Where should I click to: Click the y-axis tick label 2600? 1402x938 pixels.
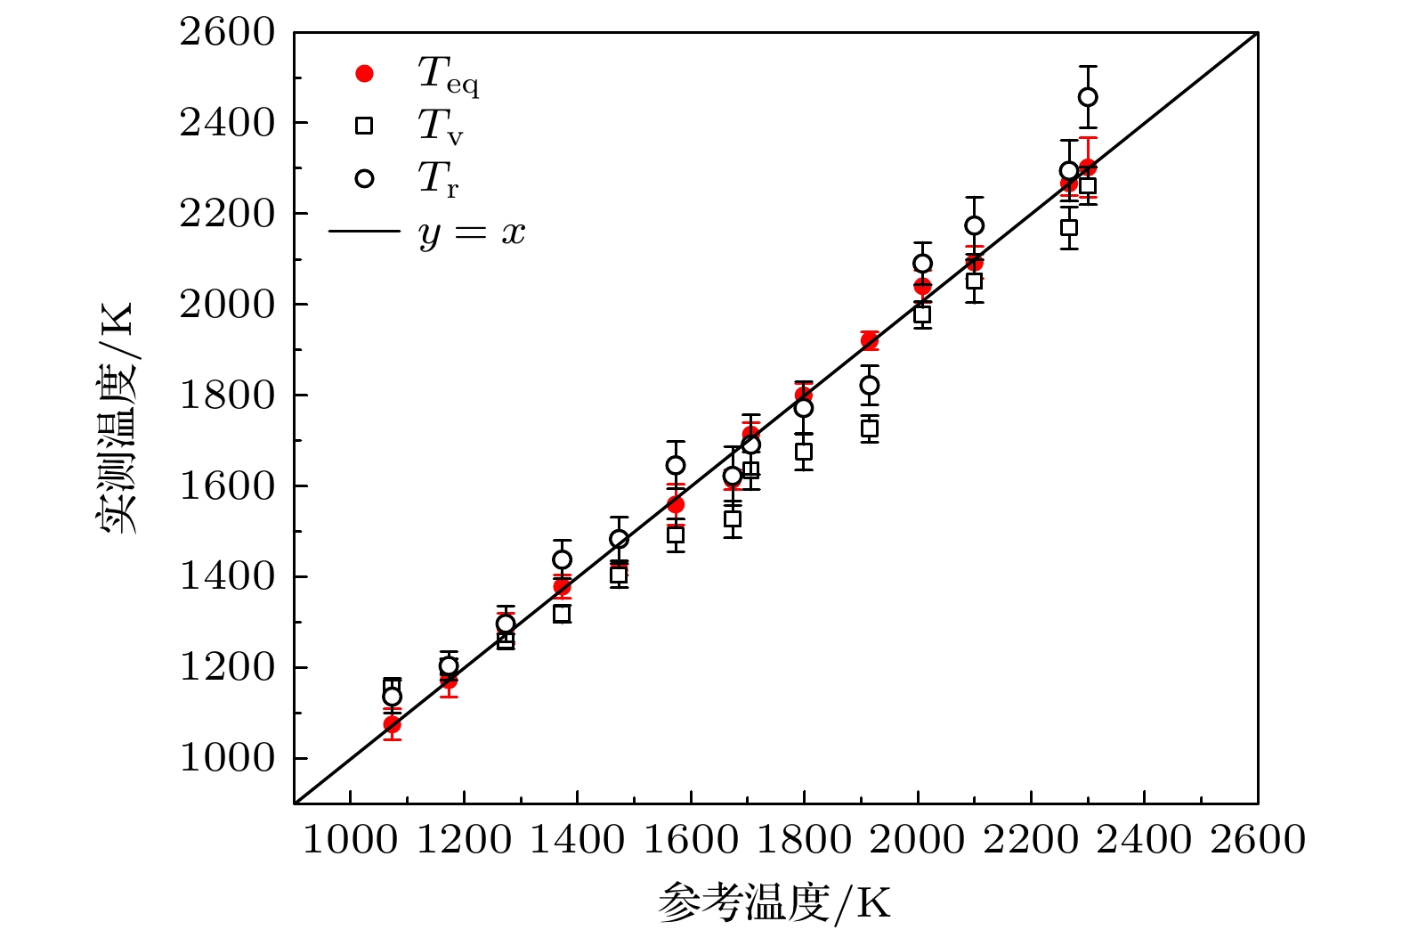pos(228,33)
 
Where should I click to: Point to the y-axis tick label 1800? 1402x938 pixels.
pos(228,396)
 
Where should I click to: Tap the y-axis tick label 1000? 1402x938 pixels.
pos(228,758)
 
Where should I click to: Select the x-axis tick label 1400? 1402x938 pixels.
pos(577,840)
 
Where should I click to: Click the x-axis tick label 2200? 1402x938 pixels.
pos(1031,840)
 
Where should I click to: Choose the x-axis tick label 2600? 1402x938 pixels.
pos(1257,840)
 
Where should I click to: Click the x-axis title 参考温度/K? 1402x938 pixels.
pos(774,903)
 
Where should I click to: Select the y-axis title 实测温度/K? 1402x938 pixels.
pos(117,417)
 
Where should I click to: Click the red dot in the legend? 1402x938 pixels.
pos(364,73)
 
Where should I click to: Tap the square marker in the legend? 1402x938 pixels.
pos(364,126)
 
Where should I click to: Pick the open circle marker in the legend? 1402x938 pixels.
pos(364,178)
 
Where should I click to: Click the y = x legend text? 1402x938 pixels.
pos(472,232)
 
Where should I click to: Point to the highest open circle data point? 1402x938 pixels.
pos(1088,97)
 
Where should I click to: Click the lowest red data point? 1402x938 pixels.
pos(392,724)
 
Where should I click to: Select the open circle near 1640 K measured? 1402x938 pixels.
pos(676,466)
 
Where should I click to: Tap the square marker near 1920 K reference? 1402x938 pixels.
pos(870,428)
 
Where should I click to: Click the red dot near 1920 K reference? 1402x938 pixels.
pos(870,340)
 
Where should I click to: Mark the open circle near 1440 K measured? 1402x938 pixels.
pos(562,559)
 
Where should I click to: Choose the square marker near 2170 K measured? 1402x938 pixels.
pos(1069,227)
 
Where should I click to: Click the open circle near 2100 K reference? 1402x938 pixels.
pos(975,225)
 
